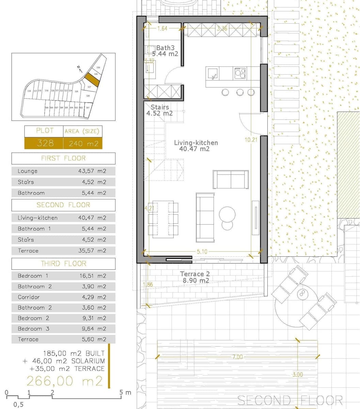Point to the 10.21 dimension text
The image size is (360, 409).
251,139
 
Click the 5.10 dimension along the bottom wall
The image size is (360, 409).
202,252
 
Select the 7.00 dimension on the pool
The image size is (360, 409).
237,357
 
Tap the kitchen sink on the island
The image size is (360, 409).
213,73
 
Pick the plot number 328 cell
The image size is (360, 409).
44,143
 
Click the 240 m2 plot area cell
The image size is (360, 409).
83,143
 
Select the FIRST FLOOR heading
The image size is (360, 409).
63,158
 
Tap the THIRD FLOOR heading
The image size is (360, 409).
63,263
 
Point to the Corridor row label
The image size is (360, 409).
29,297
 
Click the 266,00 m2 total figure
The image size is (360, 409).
64,381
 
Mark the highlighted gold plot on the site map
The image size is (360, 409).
92,79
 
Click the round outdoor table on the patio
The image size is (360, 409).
301,295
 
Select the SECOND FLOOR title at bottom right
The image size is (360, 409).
290,400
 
